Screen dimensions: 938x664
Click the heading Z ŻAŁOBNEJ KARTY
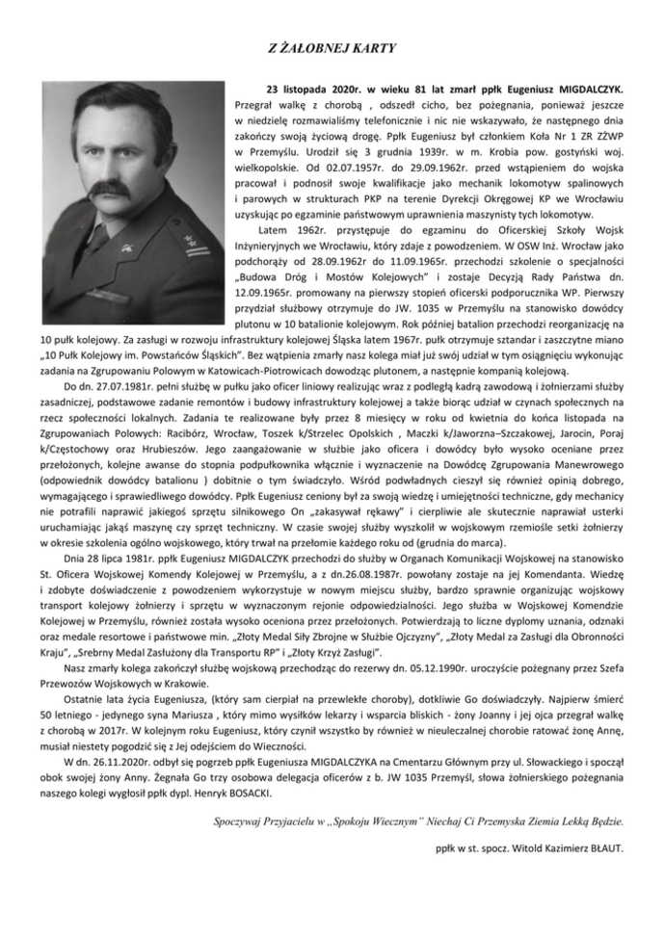(332, 45)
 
